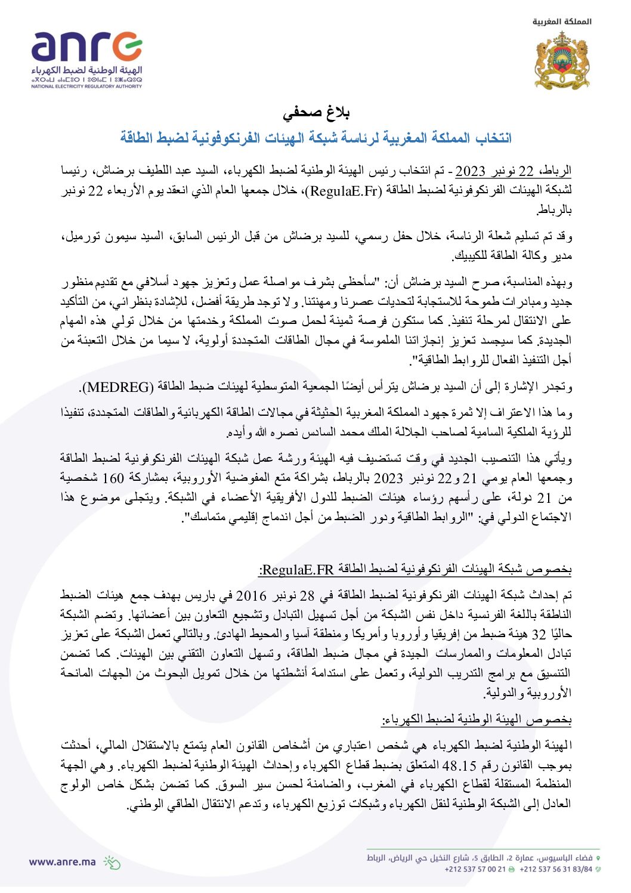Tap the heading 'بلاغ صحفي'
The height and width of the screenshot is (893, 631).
tap(315, 113)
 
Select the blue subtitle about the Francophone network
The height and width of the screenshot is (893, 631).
tap(315, 138)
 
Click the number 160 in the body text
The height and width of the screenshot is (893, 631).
tap(112, 478)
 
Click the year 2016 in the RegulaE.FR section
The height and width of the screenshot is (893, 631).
tap(251, 595)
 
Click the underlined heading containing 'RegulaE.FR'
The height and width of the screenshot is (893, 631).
tap(415, 570)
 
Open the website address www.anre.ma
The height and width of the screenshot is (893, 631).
tap(62, 861)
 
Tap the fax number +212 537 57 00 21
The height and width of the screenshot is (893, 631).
tap(475, 869)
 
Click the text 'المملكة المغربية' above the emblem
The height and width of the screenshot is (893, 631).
tap(562, 22)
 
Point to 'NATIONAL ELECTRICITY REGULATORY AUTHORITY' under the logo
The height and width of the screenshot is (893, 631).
tap(86, 86)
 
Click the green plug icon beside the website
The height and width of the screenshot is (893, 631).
tap(112, 862)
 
